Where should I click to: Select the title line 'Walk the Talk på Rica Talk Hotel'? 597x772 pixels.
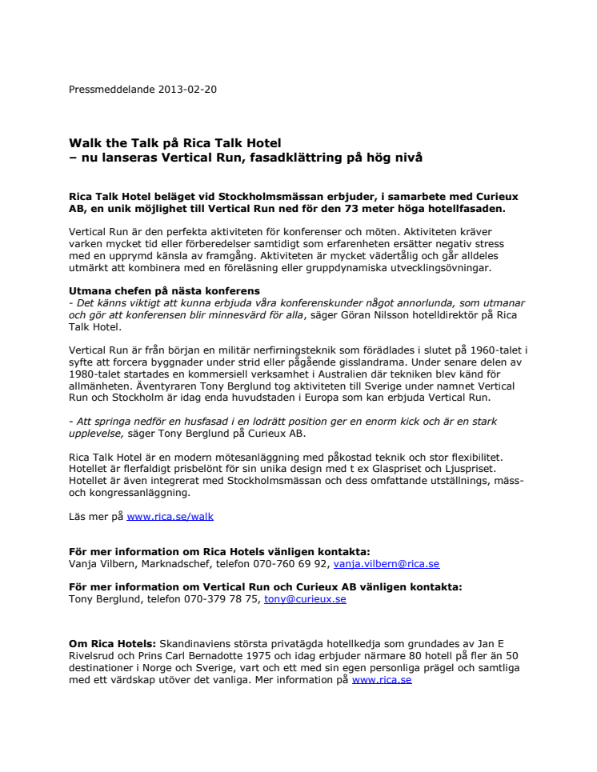pos(175,143)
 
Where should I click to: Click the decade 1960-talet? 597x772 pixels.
pos(495,350)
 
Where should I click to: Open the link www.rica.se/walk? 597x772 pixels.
pos(170,516)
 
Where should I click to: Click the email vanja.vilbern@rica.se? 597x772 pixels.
pos(387,563)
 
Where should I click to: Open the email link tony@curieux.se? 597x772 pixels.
pos(305,598)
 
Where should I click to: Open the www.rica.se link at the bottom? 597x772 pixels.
pos(382,680)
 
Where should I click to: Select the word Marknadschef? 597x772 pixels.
pos(173,563)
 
